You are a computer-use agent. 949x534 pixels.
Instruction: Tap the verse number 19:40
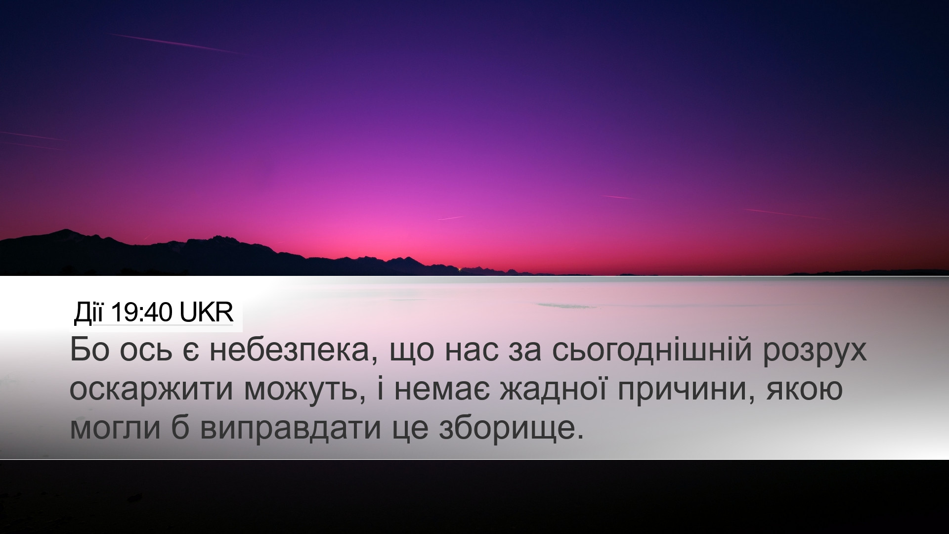142,313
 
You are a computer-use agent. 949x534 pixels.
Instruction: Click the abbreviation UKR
206,313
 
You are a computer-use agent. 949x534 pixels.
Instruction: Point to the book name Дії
89,314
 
